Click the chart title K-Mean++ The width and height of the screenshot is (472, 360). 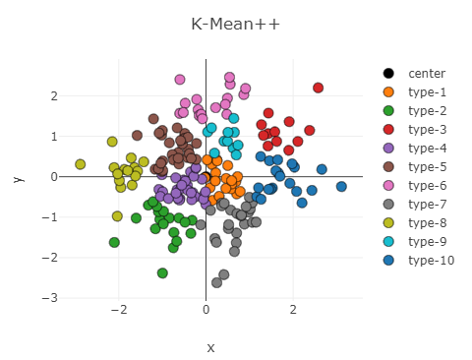[x=236, y=24]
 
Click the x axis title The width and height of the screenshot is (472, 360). [x=209, y=347]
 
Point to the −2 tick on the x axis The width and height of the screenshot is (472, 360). [x=119, y=310]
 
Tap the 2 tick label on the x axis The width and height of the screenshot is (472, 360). [x=293, y=310]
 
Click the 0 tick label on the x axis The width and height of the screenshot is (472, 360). [x=206, y=310]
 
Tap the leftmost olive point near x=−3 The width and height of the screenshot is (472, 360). [x=81, y=164]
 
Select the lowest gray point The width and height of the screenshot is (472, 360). [x=216, y=282]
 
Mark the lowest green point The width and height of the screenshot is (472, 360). [x=162, y=273]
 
